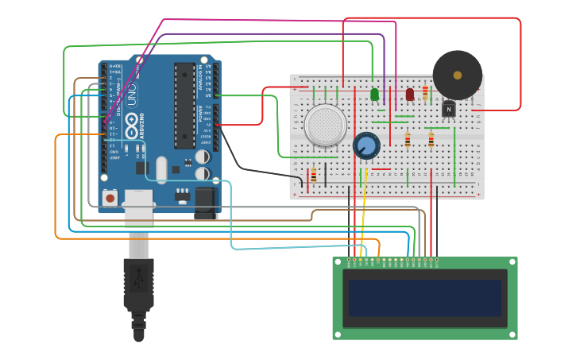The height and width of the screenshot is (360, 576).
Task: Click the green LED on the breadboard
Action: coord(374,95)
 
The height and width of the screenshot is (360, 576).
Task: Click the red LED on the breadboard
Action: coord(410,95)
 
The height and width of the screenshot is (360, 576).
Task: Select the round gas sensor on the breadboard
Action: coord(327,126)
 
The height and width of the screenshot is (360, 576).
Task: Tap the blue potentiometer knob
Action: coord(367,145)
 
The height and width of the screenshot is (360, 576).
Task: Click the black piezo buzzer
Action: coord(457,75)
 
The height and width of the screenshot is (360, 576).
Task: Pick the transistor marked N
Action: coord(448,108)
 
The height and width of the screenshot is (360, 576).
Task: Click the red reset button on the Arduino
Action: coord(110,196)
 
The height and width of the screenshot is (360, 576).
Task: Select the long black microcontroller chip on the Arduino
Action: coord(185,106)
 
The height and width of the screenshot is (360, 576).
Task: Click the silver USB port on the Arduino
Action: coord(138,208)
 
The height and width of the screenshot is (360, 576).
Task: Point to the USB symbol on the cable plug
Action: coord(139,278)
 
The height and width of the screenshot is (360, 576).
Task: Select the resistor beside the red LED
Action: coord(425,92)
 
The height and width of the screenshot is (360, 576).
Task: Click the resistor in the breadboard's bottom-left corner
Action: coord(313,176)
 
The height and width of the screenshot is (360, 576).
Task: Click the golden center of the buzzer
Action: coord(458,75)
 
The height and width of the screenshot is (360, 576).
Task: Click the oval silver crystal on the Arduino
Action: coord(162,169)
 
